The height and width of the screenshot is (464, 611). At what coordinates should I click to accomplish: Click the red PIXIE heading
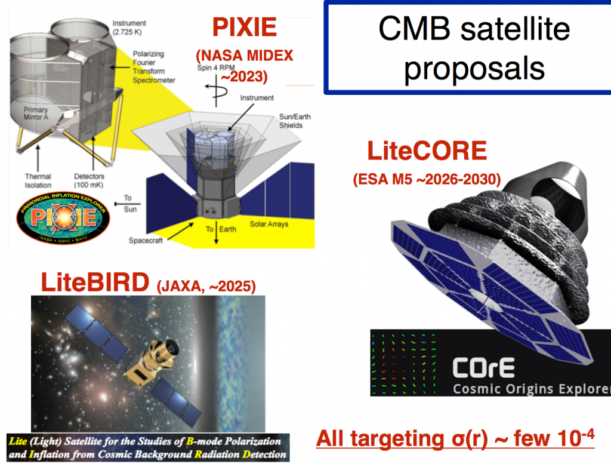pyautogui.click(x=245, y=28)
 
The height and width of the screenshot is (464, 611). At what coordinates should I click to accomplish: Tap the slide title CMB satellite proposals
pyautogui.click(x=474, y=48)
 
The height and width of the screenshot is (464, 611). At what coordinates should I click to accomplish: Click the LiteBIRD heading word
pyautogui.click(x=94, y=283)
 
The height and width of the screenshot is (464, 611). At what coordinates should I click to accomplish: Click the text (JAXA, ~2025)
pyautogui.click(x=206, y=286)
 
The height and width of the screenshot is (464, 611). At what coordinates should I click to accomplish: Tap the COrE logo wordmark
pyautogui.click(x=482, y=368)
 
